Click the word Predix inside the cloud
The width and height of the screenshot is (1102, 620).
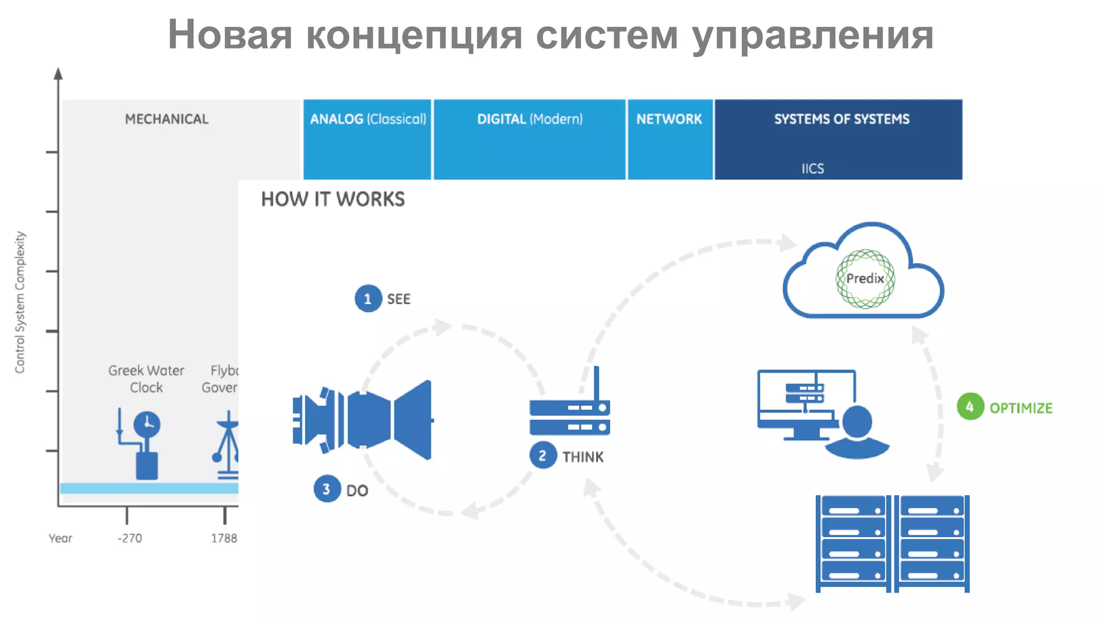tap(865, 279)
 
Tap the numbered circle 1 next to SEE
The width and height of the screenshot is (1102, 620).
tap(368, 299)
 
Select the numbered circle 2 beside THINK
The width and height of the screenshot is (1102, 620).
tap(542, 456)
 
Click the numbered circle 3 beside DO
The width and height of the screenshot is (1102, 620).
tap(327, 489)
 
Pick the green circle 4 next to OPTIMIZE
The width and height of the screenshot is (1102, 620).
tap(970, 407)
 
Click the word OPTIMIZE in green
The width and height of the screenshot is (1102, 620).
tap(1021, 408)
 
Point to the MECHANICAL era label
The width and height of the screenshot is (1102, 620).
tap(166, 119)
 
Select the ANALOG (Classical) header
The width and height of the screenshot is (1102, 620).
tap(368, 119)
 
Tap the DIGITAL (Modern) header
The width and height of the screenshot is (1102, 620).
tap(529, 119)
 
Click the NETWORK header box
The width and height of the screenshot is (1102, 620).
tap(669, 119)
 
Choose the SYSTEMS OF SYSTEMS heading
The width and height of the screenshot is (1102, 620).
tap(842, 119)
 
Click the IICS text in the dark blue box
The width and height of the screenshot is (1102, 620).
tap(813, 168)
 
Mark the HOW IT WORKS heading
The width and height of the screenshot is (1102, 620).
tap(333, 199)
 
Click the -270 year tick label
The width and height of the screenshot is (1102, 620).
tap(130, 538)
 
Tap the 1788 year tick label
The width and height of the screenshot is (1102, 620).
tap(224, 538)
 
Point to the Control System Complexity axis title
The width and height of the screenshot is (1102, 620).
tap(20, 302)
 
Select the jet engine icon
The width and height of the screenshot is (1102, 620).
tap(362, 420)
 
